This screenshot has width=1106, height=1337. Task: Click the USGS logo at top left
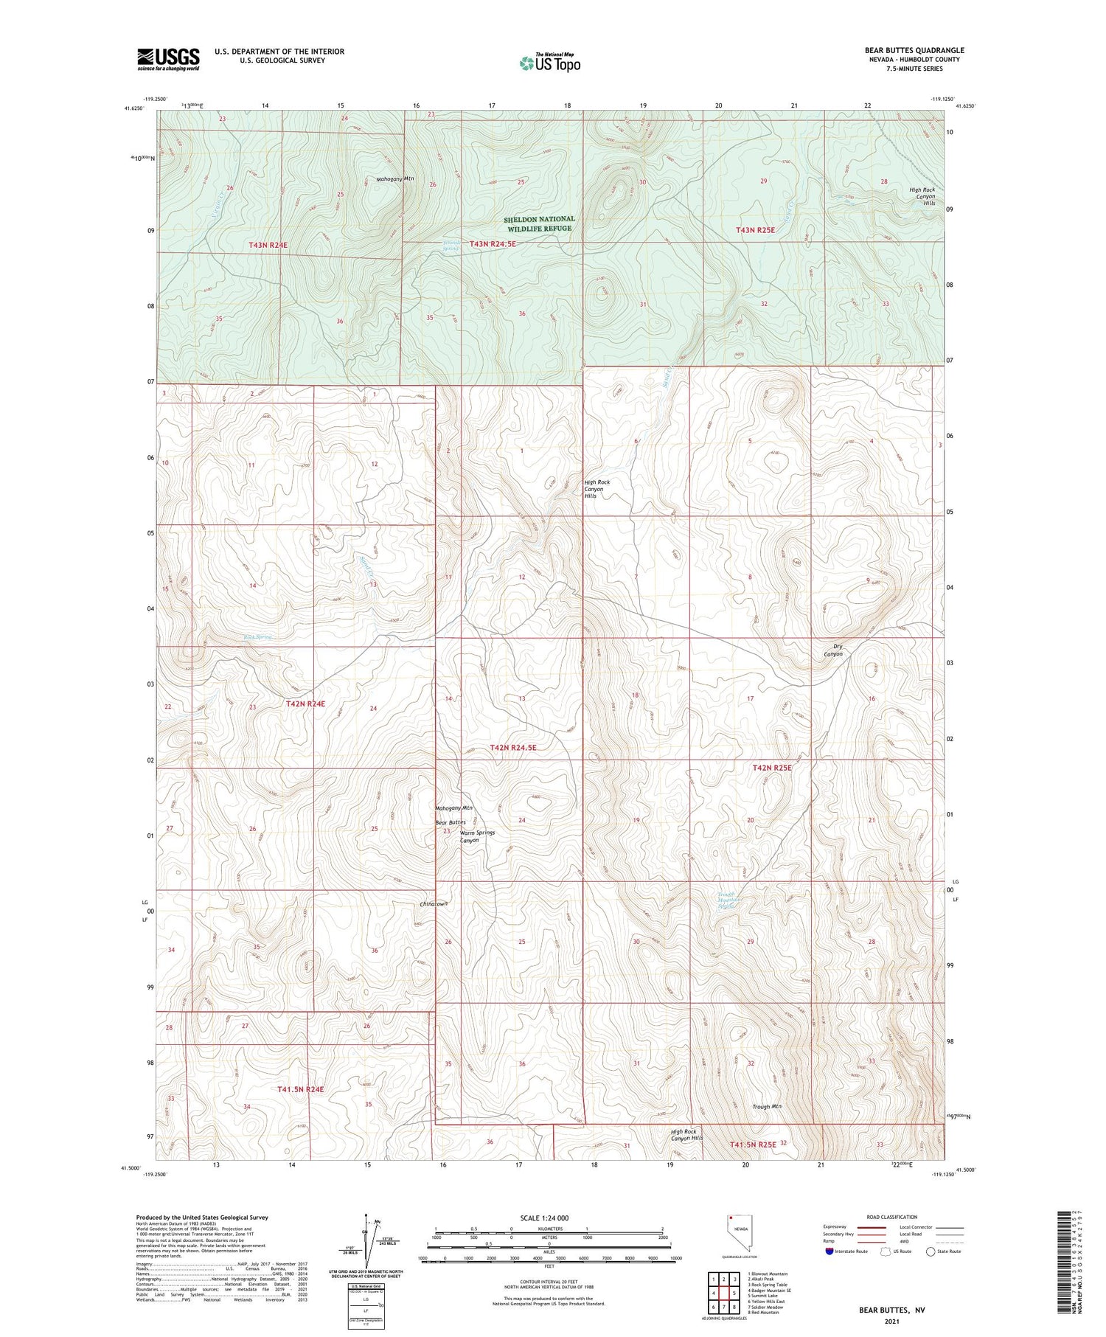pos(168,59)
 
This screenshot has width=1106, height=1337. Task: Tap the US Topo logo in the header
pos(549,63)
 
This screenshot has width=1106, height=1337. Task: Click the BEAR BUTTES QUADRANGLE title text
pos(914,50)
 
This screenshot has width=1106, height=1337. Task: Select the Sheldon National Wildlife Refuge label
pos(540,223)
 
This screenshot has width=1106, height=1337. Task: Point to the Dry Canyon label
pos(833,650)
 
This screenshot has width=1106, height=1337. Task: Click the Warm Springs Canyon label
pos(477,836)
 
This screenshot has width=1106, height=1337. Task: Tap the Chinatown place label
pos(434,904)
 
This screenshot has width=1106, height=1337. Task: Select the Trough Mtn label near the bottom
pos(767,1106)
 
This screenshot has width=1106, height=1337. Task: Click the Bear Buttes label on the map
pos(451,822)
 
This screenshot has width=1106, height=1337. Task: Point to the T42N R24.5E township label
pos(513,747)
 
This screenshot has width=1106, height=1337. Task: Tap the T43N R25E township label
pos(755,230)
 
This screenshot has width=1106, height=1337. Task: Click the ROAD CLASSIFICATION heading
pos(892,1217)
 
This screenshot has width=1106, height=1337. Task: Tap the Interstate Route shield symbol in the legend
pos(829,1251)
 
